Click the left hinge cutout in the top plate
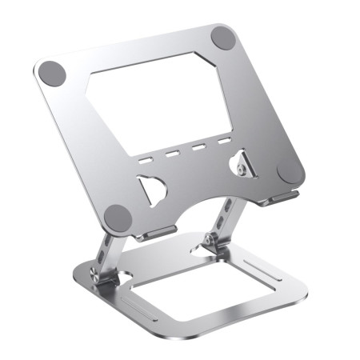coord(151,190)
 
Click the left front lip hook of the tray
coord(157,233)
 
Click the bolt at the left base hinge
coord(96,276)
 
